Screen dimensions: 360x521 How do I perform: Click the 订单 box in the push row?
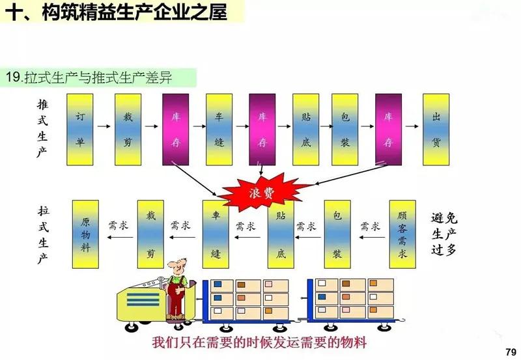tap(81, 129)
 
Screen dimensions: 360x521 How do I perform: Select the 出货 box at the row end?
tap(436, 129)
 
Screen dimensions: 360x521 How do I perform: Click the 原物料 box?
tap(85, 234)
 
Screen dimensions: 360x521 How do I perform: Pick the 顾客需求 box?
tap(402, 234)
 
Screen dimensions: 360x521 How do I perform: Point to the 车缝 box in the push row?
tap(219, 129)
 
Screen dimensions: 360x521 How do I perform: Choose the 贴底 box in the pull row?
tap(281, 234)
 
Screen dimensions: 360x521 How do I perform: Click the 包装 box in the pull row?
tap(337, 234)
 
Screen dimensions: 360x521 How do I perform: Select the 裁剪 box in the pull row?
tap(150, 234)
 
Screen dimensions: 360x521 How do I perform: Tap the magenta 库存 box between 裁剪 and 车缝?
tap(176, 129)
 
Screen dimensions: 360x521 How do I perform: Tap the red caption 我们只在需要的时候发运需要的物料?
tap(259, 342)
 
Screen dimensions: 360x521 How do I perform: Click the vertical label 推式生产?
tap(43, 129)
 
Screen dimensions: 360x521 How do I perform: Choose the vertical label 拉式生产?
tap(43, 234)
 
